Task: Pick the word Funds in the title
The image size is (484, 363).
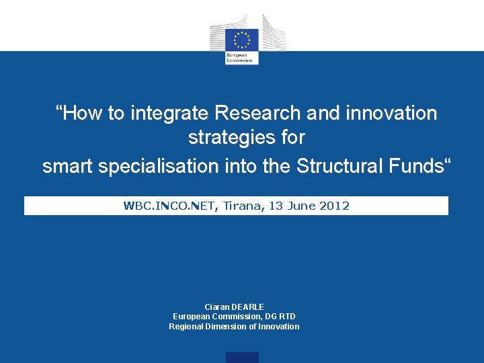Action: tap(417, 165)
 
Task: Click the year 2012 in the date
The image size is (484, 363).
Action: tap(335, 206)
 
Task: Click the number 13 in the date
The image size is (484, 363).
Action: tap(276, 206)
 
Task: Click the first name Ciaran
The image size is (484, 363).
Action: tap(216, 307)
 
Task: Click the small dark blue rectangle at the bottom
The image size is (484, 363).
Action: tap(242, 358)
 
